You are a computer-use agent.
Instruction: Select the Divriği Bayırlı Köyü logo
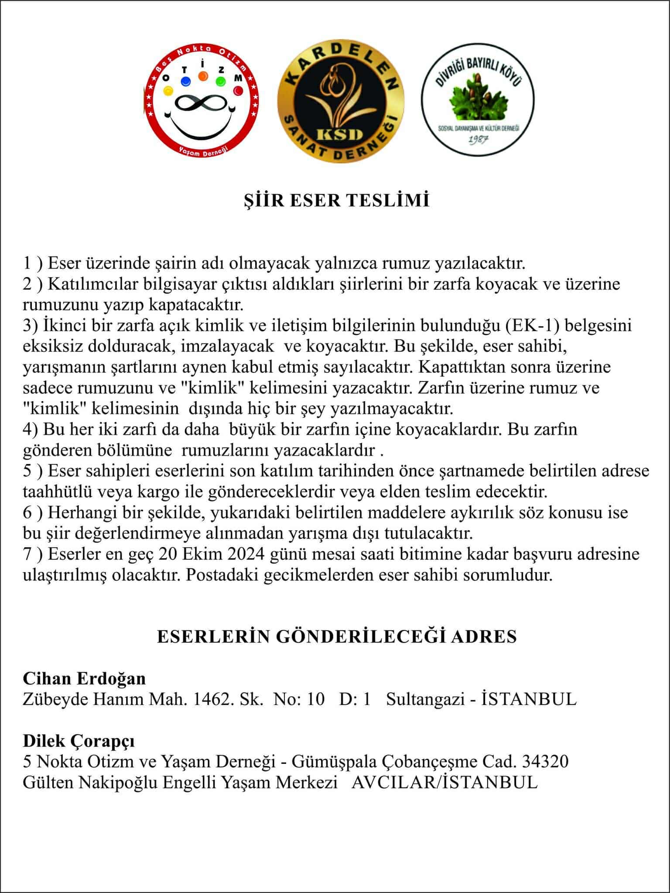478,100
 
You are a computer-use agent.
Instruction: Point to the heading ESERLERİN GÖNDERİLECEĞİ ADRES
336,637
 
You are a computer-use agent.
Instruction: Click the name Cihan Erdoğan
84,678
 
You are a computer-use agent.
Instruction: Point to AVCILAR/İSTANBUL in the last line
444,782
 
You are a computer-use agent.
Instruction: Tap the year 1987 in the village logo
477,140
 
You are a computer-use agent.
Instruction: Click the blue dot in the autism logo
185,82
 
